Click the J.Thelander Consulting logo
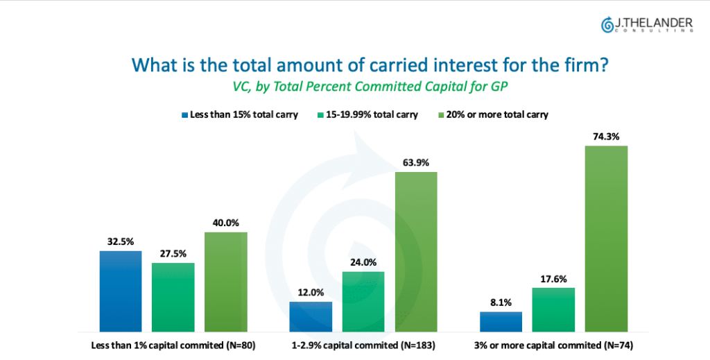tap(647, 25)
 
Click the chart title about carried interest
tap(370, 65)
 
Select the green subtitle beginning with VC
tap(370, 86)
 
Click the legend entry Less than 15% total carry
tap(239, 114)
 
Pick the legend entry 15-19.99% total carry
tap(367, 114)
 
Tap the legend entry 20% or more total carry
tap(493, 114)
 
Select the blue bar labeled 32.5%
tap(121, 291)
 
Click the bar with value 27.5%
tap(173, 297)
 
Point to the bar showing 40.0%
tap(226, 282)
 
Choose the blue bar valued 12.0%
tap(311, 316)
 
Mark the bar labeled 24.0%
tap(363, 302)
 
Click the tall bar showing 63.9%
tap(416, 252)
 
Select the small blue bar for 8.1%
tap(501, 322)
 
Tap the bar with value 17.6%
tap(553, 310)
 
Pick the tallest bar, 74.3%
tap(606, 239)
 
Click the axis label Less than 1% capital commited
tap(173, 345)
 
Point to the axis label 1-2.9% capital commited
tap(363, 345)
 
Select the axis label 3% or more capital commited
tap(553, 345)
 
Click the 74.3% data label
tap(606, 137)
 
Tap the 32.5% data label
tap(121, 241)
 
